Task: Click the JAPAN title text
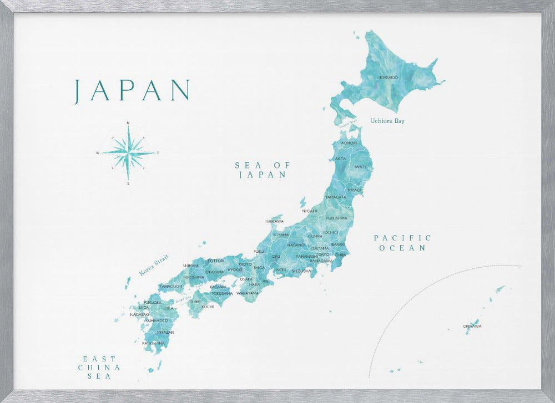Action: coord(132,90)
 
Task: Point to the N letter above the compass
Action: coord(128,123)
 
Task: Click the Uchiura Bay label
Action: coord(387,120)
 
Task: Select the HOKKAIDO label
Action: coord(387,77)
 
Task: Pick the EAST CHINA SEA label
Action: coord(100,367)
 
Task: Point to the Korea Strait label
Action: coord(154,266)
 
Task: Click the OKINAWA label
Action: coord(472,326)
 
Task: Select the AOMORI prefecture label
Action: coord(349,143)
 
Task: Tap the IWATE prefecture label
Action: coord(360,166)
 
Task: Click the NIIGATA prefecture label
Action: coord(310,211)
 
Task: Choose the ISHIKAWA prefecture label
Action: coord(275,221)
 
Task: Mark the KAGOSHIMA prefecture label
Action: coord(153,343)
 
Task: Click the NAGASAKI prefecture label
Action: coord(139,314)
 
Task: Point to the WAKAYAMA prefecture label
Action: coord(248,293)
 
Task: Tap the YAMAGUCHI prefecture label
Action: coord(171,286)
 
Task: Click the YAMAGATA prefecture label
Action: coord(335,197)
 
